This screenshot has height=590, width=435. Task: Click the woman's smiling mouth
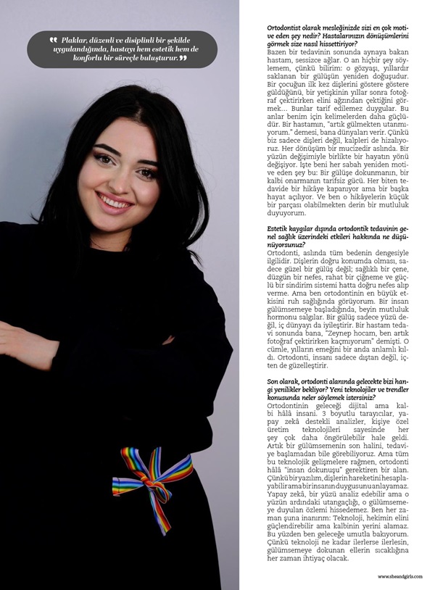point(115,199)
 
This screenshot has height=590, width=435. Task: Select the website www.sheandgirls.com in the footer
point(402,576)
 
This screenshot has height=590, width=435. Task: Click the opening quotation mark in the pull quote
point(53,39)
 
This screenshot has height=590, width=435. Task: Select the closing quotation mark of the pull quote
point(183,57)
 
